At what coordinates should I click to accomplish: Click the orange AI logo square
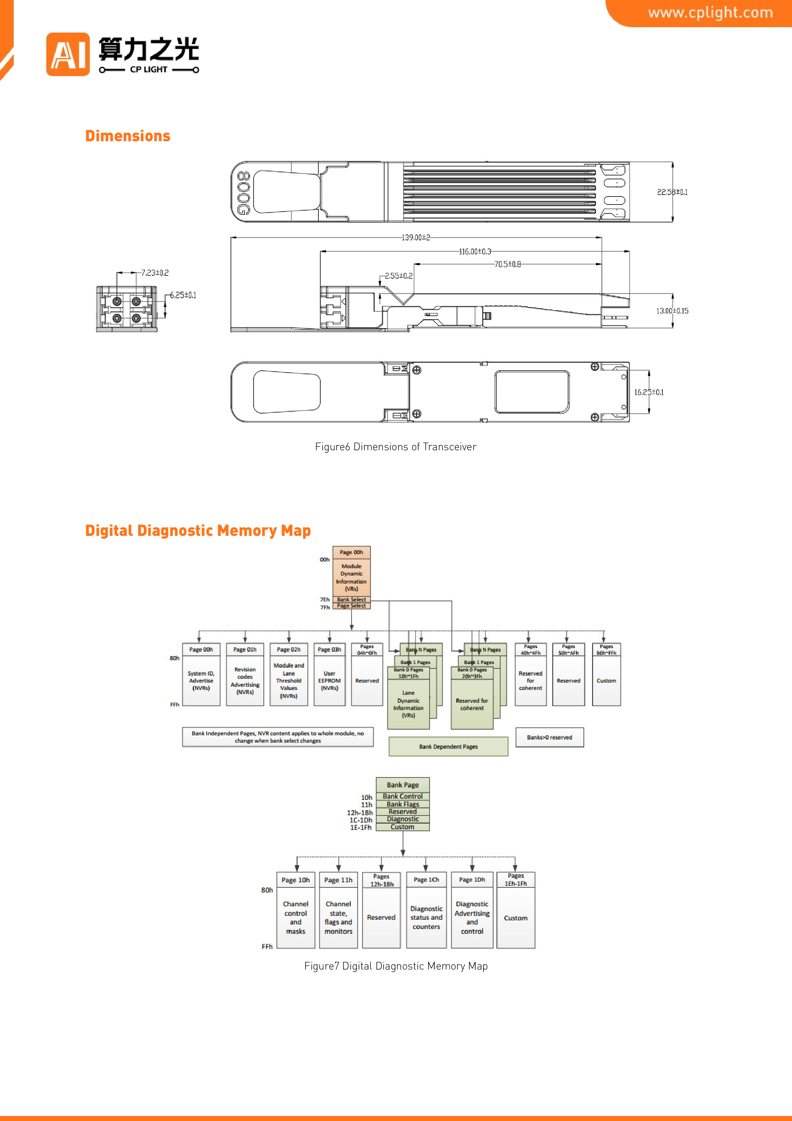(68, 54)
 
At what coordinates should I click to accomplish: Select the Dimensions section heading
(128, 136)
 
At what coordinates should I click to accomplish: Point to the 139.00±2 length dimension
(416, 237)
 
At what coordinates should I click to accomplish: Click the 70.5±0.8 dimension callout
(507, 264)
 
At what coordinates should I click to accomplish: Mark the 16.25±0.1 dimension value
(649, 392)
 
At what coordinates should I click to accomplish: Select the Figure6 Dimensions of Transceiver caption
(396, 447)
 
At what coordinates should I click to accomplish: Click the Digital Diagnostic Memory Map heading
(198, 531)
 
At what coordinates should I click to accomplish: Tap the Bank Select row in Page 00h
(351, 599)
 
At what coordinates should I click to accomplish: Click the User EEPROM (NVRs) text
(329, 681)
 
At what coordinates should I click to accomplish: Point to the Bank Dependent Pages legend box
(448, 746)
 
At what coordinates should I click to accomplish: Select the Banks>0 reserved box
(550, 737)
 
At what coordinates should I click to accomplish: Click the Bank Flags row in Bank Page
(403, 804)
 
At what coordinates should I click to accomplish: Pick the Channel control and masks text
(296, 917)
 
